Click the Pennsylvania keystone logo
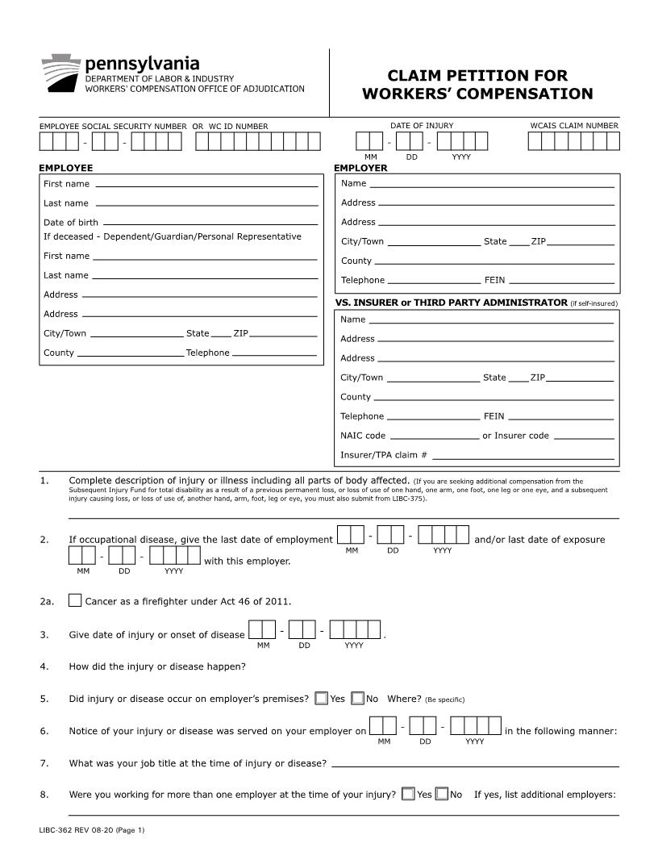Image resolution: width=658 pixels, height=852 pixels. [60, 73]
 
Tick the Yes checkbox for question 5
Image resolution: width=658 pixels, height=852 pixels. [322, 699]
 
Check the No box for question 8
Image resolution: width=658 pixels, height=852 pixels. [442, 795]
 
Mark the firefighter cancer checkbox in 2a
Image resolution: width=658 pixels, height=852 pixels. [75, 601]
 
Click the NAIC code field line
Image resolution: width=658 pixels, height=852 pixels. [434, 436]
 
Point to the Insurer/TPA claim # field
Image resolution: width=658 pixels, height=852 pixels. [523, 456]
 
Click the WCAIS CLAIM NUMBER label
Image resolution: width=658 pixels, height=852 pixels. [574, 126]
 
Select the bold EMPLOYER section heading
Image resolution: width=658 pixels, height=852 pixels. [360, 169]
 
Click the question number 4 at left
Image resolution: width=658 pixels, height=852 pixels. [44, 666]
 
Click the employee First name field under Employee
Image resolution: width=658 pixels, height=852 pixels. [205, 185]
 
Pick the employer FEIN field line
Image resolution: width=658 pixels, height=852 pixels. [560, 282]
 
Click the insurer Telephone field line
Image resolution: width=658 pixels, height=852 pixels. [433, 417]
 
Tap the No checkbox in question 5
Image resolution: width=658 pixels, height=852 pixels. [358, 699]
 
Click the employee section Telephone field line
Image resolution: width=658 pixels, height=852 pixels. [273, 354]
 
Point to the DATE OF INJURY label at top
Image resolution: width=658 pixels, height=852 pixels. [422, 126]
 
